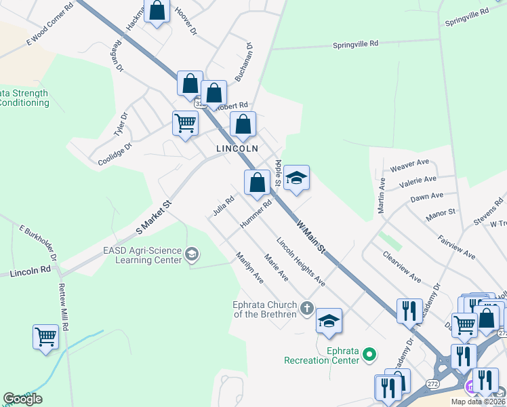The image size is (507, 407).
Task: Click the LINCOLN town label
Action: [x=237, y=148]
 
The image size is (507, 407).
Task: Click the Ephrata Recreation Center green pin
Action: [x=369, y=353]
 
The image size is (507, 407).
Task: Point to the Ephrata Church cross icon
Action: [x=306, y=309]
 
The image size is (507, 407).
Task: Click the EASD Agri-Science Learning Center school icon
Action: [x=192, y=254]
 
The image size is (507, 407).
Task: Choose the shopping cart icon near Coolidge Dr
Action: [x=185, y=123]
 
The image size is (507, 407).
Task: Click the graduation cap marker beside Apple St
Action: [x=296, y=178]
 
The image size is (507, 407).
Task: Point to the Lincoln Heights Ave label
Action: [x=300, y=261]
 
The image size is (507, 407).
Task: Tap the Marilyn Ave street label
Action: [x=249, y=267]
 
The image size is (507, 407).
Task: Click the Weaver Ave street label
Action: [x=410, y=163]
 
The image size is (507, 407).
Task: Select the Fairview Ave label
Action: [x=456, y=247]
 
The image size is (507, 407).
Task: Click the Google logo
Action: [x=22, y=399]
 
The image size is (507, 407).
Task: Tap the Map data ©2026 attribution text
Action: [x=478, y=402]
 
